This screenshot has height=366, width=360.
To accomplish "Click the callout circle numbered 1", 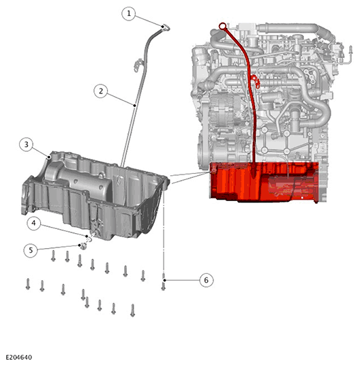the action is [129, 14].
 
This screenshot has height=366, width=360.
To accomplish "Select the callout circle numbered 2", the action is [101, 91].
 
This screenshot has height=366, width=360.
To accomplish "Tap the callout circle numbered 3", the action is [26, 144].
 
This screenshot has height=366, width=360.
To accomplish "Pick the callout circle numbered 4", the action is [33, 223].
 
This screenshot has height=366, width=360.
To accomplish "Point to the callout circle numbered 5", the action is [31, 250].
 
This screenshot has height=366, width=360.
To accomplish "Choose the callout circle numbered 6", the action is [207, 280].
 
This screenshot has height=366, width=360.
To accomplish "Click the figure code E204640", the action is [19, 357].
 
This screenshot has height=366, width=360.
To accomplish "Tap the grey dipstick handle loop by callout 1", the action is [166, 27].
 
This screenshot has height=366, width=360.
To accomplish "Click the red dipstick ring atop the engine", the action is [222, 26].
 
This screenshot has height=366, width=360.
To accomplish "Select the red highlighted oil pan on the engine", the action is [264, 181].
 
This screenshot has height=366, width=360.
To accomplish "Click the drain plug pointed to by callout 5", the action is [83, 245].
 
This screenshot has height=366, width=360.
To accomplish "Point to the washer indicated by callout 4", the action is [89, 239].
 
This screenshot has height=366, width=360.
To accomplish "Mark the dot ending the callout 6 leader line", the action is [165, 280].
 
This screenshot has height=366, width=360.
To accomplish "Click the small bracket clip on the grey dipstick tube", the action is [138, 65].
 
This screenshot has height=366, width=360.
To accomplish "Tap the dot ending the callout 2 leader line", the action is [134, 106].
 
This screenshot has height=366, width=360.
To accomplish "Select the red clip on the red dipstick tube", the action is [255, 81].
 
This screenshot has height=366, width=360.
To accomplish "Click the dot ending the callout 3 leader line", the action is [49, 157].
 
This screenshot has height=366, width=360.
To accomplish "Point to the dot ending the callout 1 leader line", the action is [162, 27].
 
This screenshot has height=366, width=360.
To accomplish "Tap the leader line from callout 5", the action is [58, 248].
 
